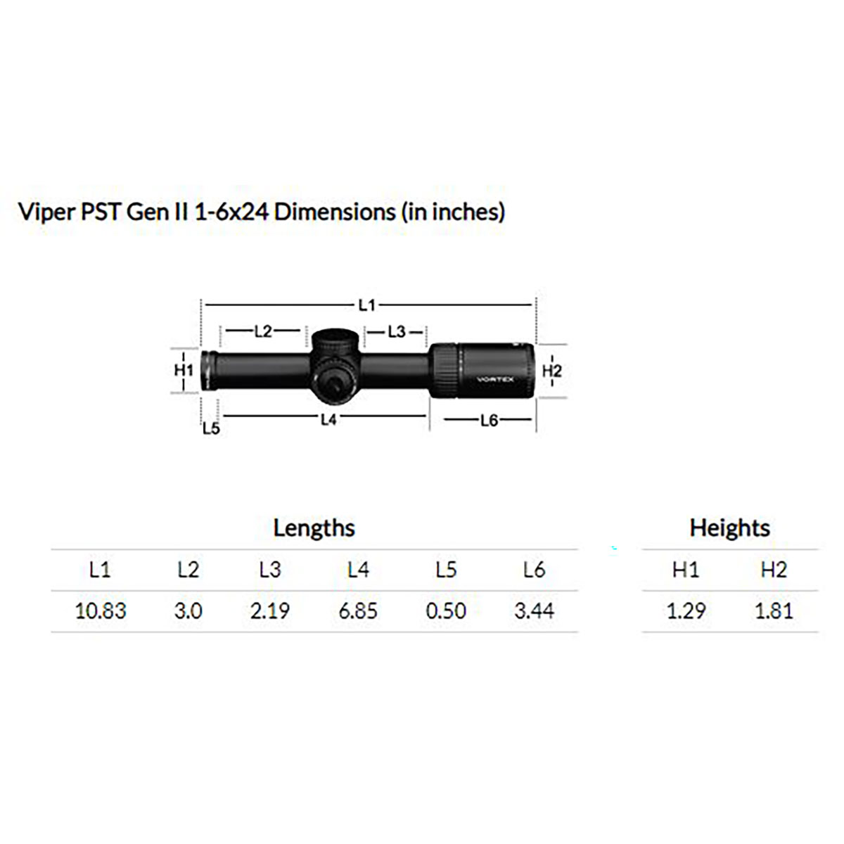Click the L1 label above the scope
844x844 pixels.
tap(366, 305)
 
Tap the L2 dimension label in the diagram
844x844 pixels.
tap(262, 331)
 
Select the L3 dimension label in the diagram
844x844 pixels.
tap(396, 331)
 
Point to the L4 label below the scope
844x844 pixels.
tap(328, 419)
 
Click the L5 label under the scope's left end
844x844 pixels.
tap(211, 428)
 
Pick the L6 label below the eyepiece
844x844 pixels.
tap(489, 420)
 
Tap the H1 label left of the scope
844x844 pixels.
tap(183, 370)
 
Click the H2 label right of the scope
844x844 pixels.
tap(552, 371)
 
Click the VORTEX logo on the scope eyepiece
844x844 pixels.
tap(496, 379)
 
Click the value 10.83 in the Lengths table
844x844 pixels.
tap(101, 610)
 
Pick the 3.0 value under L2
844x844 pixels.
tap(188, 610)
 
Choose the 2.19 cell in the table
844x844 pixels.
tap(270, 610)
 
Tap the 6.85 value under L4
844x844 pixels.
tap(358, 610)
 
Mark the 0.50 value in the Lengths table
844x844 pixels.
tap(446, 610)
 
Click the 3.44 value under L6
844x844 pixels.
tap(534, 610)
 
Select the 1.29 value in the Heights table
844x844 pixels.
tap(686, 610)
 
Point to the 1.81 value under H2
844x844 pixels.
tap(774, 610)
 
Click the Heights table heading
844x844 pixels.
tap(729, 528)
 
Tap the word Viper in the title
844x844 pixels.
tap(46, 212)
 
